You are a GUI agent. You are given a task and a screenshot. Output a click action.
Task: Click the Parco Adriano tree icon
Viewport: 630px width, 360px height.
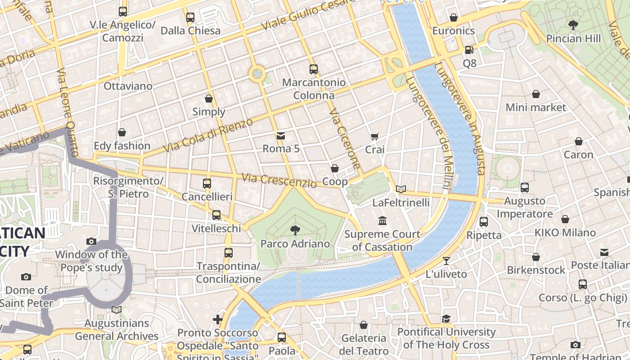pos(295,230)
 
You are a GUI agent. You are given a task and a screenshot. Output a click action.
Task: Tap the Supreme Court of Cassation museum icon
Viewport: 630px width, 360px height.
pos(382,221)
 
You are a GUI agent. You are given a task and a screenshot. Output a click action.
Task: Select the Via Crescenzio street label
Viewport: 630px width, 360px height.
pos(279,180)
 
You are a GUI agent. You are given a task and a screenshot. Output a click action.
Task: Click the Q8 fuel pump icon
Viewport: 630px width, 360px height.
pos(469,50)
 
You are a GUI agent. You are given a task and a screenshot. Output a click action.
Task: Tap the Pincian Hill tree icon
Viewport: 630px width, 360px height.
pos(573,25)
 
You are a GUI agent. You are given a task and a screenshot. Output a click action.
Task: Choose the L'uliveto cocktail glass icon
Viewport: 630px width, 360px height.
pos(446,261)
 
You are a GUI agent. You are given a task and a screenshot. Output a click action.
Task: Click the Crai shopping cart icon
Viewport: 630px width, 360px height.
pos(375,136)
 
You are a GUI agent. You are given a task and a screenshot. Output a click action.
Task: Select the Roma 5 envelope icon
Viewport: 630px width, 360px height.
pos(281,135)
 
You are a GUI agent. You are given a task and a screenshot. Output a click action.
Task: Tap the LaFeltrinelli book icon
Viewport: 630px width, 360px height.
pos(400,189)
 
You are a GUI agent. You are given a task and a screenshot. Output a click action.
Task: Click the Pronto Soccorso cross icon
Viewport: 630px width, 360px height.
pos(218,319)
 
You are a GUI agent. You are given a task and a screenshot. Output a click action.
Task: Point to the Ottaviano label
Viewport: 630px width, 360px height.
pos(128,86)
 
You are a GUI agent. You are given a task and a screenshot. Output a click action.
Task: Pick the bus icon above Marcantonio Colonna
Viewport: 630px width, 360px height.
pos(314,69)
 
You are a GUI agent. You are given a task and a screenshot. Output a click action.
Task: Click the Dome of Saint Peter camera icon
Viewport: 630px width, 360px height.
pos(26,277)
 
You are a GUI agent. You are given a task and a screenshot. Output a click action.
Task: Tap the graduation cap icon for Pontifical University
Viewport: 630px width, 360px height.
pos(446,319)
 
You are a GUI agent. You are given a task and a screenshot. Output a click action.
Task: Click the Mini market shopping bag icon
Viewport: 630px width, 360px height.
pos(535,94)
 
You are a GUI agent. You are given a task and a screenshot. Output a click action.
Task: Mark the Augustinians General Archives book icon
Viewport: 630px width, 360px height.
pos(117,310)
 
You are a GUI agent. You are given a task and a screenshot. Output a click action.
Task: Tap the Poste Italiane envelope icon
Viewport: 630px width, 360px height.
pos(604,252)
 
